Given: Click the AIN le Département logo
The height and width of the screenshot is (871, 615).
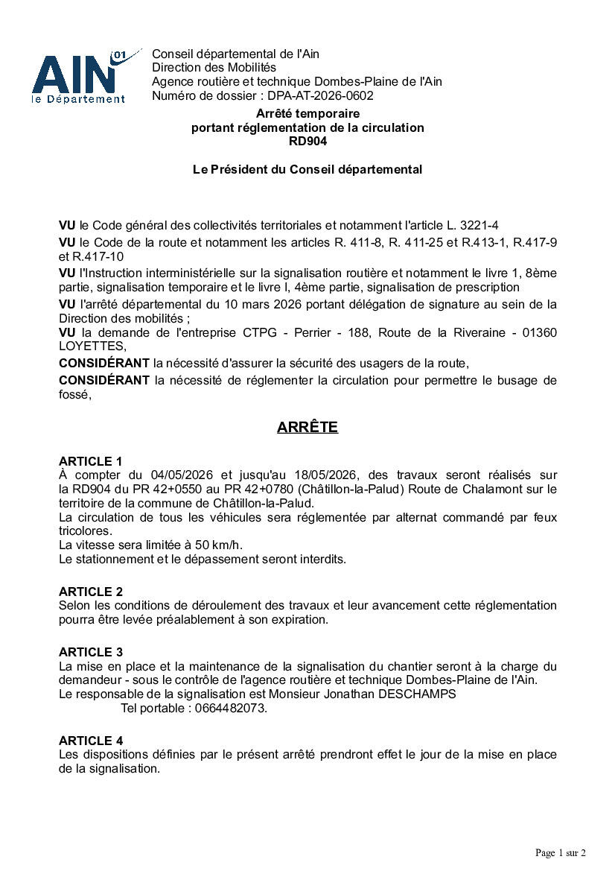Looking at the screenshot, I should point(78,76).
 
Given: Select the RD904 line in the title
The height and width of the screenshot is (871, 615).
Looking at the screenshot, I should point(307,142).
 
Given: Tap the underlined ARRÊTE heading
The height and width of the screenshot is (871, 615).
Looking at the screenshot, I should point(307,428).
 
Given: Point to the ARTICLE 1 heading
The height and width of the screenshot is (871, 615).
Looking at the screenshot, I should point(91,461).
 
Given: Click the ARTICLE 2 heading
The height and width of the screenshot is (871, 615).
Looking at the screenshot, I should point(91,592).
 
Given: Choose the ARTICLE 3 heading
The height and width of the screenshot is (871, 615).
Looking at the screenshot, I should point(91,653).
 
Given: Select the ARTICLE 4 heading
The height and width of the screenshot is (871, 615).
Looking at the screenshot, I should point(91,741).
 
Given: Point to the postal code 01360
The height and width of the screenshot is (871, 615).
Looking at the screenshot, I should point(538,332).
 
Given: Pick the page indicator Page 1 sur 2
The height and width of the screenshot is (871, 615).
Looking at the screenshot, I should point(561,852).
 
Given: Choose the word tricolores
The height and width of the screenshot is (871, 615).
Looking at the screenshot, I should point(85,531).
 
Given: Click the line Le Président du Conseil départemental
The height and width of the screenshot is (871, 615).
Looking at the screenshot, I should point(307,170).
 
